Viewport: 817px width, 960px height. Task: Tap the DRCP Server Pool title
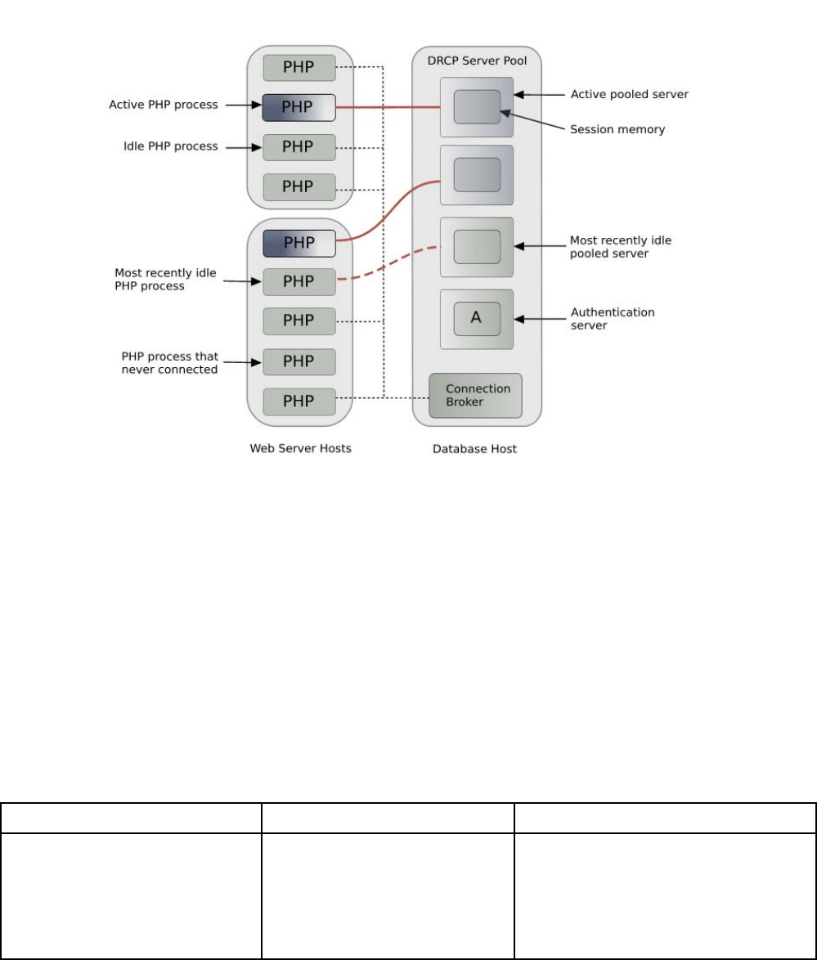tap(476, 62)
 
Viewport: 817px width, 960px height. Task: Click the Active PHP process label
tap(164, 105)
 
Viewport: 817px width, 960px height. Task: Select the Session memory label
tap(617, 129)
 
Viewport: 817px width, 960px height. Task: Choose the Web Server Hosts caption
tap(299, 448)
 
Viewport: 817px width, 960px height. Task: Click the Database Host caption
tap(476, 448)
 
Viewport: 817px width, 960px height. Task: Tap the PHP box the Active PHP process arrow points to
tap(299, 107)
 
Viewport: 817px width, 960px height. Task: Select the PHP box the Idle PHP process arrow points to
tap(299, 147)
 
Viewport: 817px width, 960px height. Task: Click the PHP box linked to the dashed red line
tap(299, 281)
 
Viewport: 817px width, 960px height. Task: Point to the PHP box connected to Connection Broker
tap(299, 401)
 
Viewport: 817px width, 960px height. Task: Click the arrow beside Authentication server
tap(541, 318)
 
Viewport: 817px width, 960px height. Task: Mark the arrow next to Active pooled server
tap(541, 94)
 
